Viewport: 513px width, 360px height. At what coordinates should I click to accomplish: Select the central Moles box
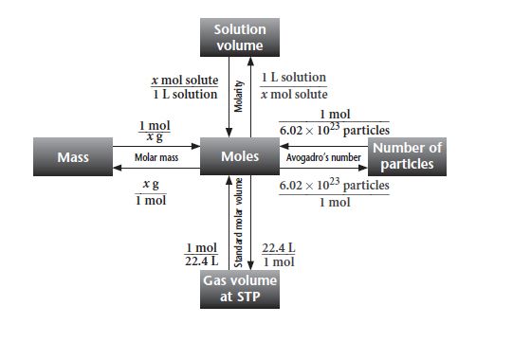(x=240, y=156)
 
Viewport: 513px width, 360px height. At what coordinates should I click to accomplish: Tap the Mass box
(x=73, y=156)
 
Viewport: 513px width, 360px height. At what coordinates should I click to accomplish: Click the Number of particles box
(x=408, y=156)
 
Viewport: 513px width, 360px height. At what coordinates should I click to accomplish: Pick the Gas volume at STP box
(x=240, y=288)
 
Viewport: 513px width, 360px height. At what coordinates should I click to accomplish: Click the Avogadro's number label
(x=323, y=156)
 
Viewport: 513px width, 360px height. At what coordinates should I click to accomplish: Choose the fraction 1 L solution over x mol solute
(x=293, y=86)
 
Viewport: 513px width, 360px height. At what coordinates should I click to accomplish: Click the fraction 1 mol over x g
(x=155, y=133)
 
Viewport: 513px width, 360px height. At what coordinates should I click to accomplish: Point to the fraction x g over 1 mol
(x=151, y=192)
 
